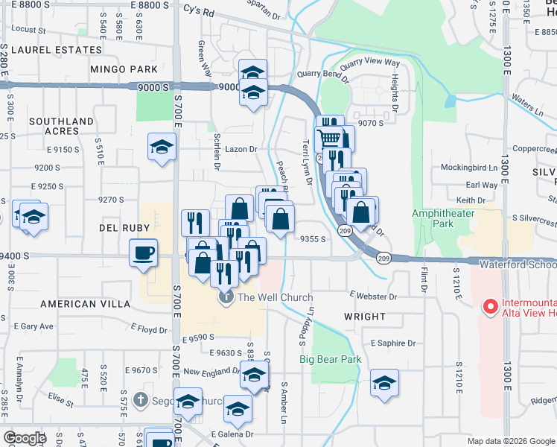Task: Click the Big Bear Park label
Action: (330, 359)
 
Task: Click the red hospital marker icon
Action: (490, 306)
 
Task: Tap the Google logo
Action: (25, 438)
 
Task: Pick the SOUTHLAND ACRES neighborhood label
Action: (61, 126)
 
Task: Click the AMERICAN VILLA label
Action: (79, 304)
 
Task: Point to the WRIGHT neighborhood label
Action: (365, 317)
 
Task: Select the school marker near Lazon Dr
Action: (162, 147)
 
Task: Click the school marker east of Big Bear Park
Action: (384, 384)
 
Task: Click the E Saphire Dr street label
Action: (392, 343)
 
